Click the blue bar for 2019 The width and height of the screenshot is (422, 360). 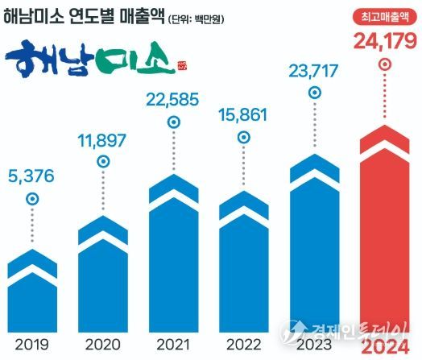point(31,290)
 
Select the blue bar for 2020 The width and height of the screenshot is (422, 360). point(101,274)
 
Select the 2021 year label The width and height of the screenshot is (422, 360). point(172,345)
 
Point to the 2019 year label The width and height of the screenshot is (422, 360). point(31,345)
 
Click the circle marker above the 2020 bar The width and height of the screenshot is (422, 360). point(102,161)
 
